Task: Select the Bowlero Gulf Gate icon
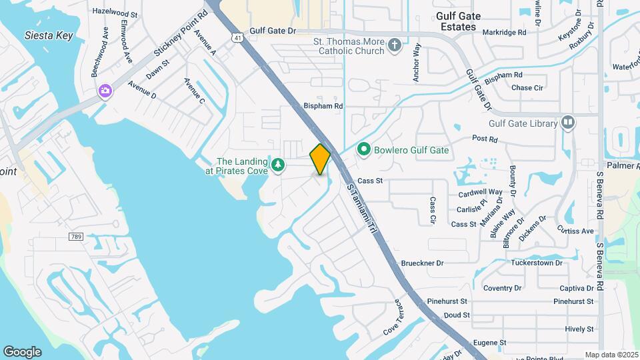[x=364, y=149]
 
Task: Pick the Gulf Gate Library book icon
[x=567, y=123]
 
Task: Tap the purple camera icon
[x=105, y=91]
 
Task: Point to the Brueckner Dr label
[x=422, y=263]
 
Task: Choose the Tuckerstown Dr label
[x=537, y=263]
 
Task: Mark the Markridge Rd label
[x=507, y=31]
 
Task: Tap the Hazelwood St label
[x=114, y=13]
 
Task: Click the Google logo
[x=22, y=352]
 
